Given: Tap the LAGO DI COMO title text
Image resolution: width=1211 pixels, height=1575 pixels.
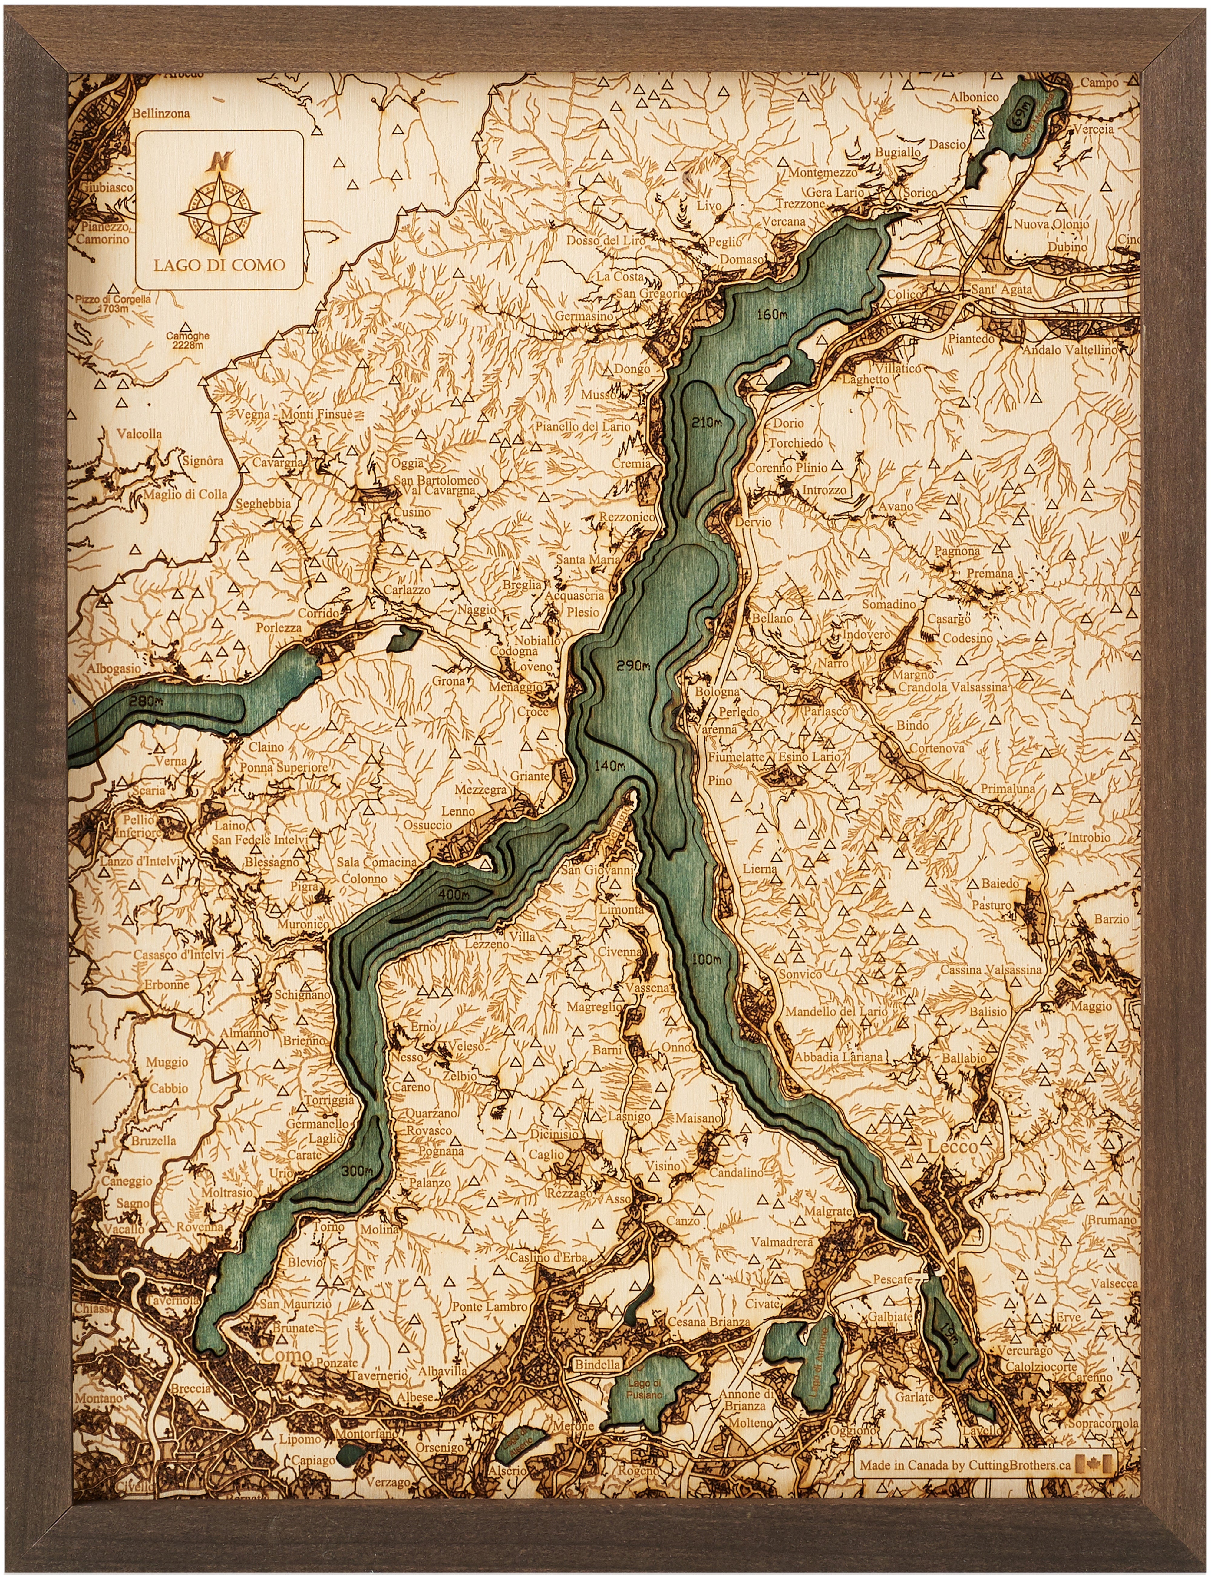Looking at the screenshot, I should click(219, 265).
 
